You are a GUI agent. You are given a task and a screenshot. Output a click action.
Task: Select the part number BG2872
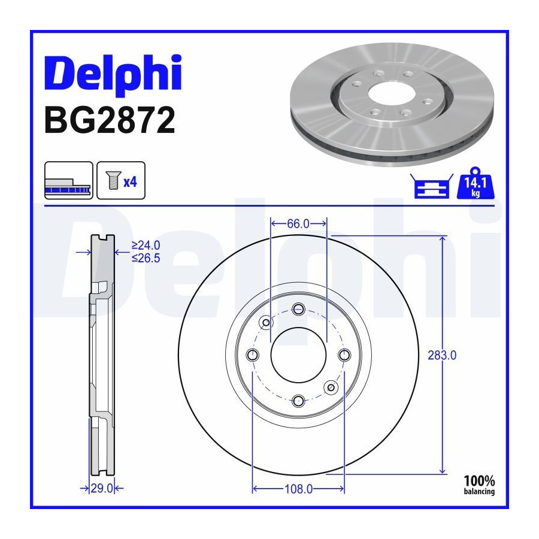click(110, 120)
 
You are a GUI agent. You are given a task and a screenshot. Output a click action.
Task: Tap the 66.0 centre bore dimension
click(298, 224)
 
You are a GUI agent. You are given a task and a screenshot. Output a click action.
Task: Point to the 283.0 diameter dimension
click(442, 355)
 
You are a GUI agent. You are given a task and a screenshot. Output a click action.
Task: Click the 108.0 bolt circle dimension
click(298, 489)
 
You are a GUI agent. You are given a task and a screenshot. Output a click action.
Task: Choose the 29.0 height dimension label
click(102, 488)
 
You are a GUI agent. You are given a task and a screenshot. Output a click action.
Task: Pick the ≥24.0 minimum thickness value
click(146, 246)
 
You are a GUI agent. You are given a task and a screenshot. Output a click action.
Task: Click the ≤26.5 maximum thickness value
click(146, 258)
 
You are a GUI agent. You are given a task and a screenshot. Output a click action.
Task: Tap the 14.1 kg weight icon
click(476, 184)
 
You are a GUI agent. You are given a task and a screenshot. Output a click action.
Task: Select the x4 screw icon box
click(121, 180)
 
